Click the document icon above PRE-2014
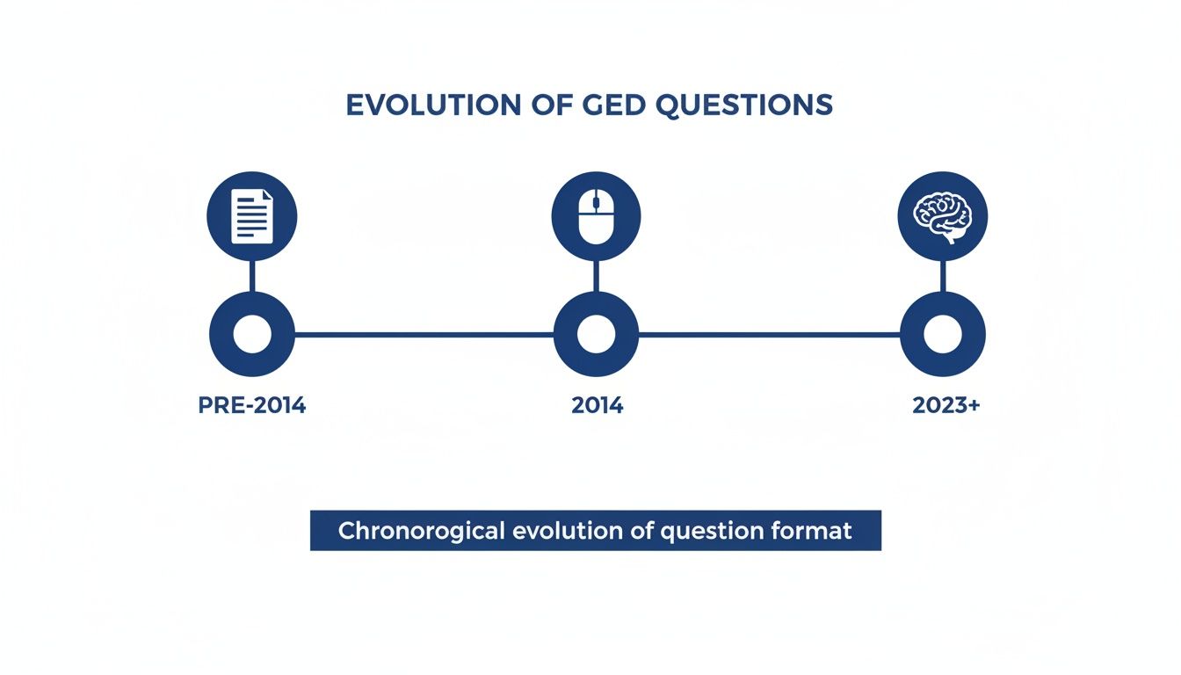(x=252, y=216)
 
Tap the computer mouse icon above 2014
(x=596, y=216)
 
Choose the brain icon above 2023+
(x=943, y=216)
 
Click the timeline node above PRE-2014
(x=252, y=335)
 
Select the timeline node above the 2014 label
(x=596, y=335)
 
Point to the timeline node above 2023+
(x=943, y=335)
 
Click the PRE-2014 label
(x=252, y=406)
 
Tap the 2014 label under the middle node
(x=597, y=406)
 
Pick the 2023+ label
(x=946, y=406)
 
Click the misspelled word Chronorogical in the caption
(x=422, y=531)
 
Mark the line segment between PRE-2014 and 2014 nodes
(x=424, y=335)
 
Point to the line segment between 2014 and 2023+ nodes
(x=769, y=335)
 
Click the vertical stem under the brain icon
(x=943, y=276)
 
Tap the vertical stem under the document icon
(x=252, y=276)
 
